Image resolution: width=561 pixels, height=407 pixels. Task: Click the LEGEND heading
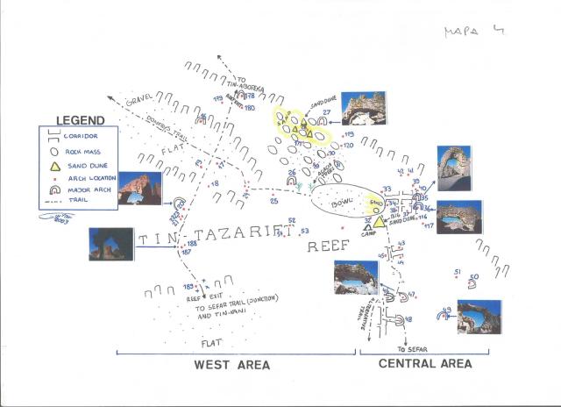click(80, 120)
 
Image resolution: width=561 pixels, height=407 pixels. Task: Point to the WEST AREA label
click(232, 363)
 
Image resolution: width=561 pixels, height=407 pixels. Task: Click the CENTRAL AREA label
click(427, 363)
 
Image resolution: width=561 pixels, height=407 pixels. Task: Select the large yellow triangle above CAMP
click(369, 221)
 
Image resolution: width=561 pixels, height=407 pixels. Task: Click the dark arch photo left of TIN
click(110, 245)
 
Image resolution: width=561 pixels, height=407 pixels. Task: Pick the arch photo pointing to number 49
click(479, 316)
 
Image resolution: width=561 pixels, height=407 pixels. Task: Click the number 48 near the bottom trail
click(408, 319)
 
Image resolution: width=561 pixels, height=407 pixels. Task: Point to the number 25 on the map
click(274, 202)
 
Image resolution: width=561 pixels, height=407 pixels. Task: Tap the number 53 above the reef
click(304, 232)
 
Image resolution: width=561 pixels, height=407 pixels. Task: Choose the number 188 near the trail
click(191, 243)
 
